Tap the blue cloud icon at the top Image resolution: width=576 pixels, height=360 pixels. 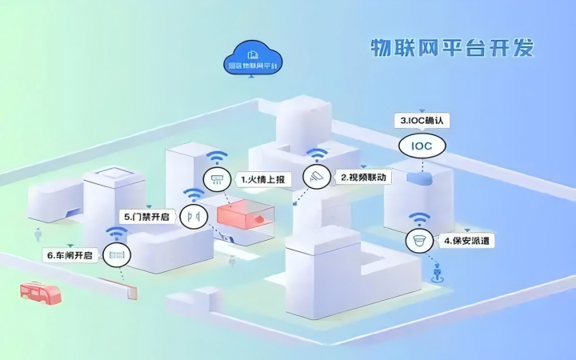pos(253,58)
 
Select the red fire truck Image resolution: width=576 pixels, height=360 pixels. pos(41,293)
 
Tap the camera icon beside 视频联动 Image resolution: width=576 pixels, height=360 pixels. pos(318,177)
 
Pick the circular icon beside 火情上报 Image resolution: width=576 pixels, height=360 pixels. pos(216,180)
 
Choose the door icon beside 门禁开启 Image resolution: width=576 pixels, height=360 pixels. pos(193,216)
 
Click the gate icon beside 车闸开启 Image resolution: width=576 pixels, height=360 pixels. pos(118,255)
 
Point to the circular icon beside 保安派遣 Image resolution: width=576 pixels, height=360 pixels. pos(418,240)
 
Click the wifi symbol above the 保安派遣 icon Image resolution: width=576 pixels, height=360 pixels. pos(418,218)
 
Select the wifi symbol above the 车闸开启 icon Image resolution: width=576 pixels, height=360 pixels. pos(118,233)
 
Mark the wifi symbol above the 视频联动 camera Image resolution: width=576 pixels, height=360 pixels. pos(318,154)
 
